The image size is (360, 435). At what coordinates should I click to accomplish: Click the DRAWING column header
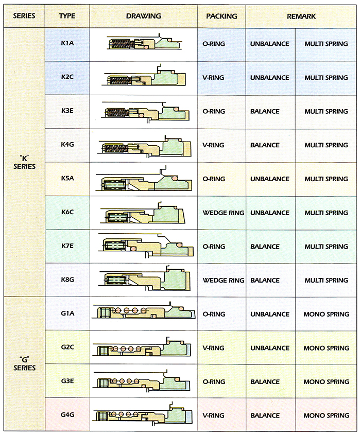[x=144, y=16]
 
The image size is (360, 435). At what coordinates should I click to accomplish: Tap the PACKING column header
[x=221, y=16]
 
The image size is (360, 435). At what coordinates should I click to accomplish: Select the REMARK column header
[x=301, y=16]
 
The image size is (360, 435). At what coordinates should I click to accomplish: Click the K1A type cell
[x=67, y=43]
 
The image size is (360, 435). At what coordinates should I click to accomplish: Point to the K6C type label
[x=67, y=212]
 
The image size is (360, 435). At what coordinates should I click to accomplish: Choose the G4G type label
[x=67, y=415]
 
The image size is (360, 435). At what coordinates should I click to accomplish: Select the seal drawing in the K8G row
[x=144, y=279]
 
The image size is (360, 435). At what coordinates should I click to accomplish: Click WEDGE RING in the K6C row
[x=224, y=213]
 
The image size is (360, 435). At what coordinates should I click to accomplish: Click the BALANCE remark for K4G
[x=265, y=145]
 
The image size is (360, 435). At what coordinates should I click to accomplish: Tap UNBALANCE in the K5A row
[x=270, y=179]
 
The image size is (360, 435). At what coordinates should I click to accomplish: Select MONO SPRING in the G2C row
[x=327, y=348]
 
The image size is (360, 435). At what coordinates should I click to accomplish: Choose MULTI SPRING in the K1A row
[x=326, y=44]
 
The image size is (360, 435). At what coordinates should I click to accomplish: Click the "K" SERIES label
[x=24, y=162]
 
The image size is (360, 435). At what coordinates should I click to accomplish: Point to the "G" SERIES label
[x=24, y=364]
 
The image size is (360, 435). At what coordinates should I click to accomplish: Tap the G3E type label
[x=67, y=381]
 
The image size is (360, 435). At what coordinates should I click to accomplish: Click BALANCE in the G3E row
[x=265, y=382]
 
